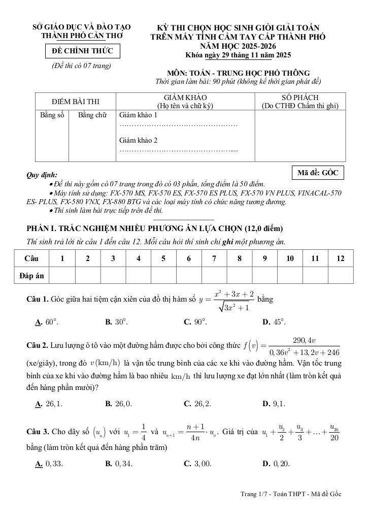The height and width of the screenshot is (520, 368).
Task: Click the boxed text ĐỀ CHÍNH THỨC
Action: point(82,52)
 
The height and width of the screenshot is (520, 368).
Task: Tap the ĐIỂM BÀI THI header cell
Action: point(76,102)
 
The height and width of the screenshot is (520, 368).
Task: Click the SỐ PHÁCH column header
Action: point(299,102)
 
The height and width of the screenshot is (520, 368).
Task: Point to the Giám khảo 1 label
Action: point(138,115)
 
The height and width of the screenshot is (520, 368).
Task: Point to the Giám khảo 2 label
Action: point(138,140)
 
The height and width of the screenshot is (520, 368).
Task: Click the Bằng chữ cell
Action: point(92,115)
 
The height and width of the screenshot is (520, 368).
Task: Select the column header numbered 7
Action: point(214,258)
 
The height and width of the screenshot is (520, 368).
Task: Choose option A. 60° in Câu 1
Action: point(45,322)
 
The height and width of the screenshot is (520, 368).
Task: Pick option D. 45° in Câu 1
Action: point(274,322)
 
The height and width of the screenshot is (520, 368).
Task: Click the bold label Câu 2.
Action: point(37,346)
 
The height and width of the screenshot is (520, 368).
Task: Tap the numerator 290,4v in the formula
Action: point(305,340)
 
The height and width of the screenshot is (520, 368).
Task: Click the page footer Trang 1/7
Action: point(291,494)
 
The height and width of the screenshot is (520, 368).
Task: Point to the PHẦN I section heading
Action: point(154,228)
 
